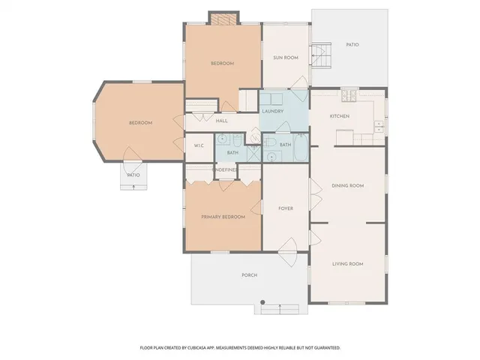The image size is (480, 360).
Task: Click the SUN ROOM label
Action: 285,58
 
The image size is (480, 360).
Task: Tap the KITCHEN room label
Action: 340,116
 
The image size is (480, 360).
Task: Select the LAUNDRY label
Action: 272,112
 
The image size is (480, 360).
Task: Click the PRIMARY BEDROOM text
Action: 223,217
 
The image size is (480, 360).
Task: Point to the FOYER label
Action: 285,208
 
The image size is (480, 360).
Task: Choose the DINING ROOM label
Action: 347,185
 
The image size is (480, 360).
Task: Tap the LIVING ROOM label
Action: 347,264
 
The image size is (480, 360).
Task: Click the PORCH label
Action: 250,275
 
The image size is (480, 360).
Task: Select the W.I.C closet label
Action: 199,145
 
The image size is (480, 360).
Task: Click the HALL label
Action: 222,121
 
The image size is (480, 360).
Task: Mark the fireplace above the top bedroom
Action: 222,19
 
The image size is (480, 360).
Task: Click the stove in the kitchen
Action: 349,95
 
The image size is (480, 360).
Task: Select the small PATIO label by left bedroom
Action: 133,175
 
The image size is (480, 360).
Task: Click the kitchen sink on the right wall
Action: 378,124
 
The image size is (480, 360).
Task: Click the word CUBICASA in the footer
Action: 198,348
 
